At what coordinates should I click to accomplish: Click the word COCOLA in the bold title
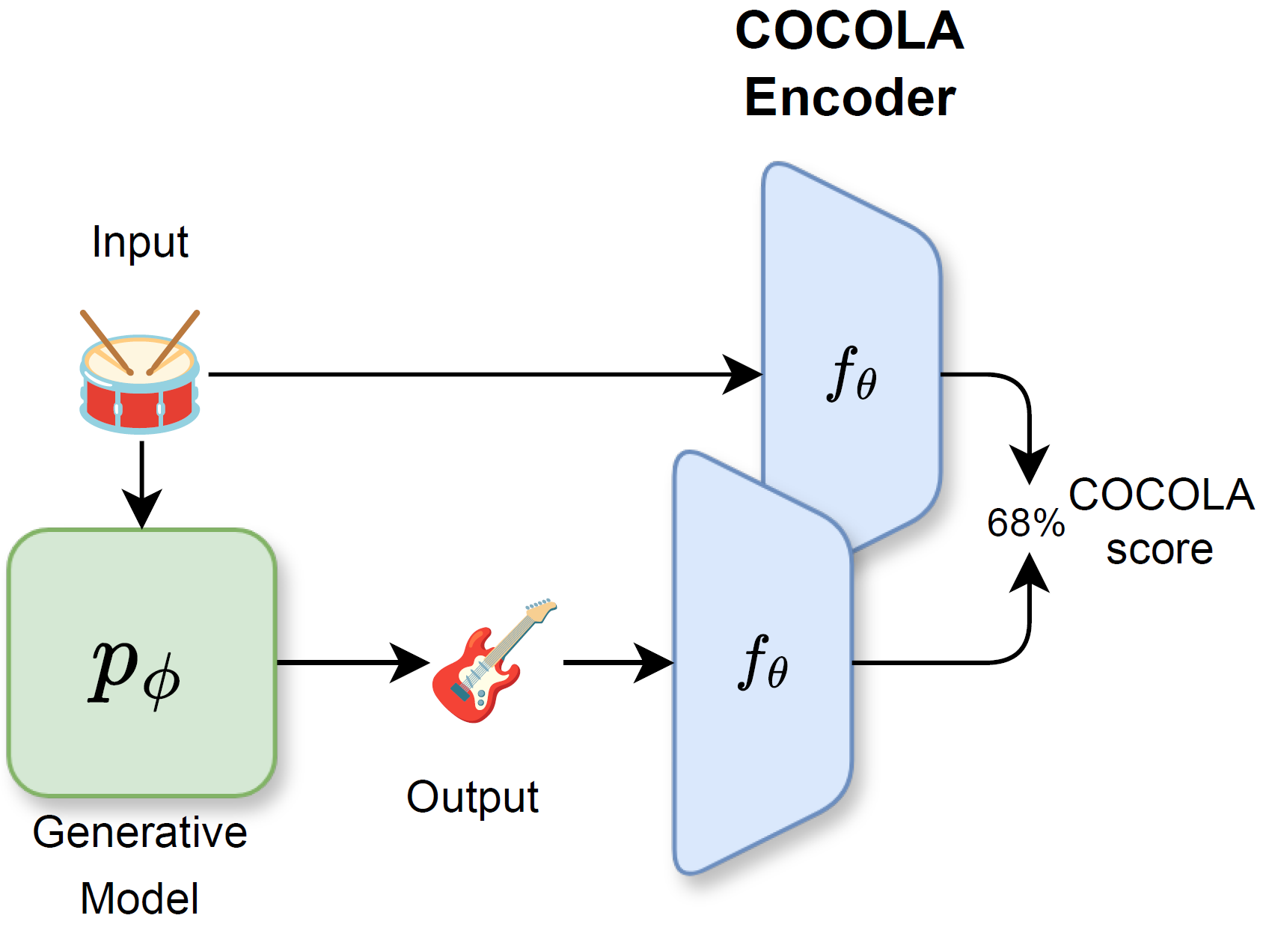[x=849, y=31]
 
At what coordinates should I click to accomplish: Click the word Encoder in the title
[x=849, y=98]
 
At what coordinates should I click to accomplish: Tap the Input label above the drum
[x=140, y=242]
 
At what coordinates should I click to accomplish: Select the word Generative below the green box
[x=140, y=833]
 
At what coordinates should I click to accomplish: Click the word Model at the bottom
[x=140, y=899]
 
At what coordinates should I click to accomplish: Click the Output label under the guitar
[x=472, y=798]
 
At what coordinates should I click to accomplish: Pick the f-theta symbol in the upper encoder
[x=851, y=374]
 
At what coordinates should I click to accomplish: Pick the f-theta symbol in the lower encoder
[x=762, y=662]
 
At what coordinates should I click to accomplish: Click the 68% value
[x=1025, y=523]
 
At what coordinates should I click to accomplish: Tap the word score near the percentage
[x=1159, y=550]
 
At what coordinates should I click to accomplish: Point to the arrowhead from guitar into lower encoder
[x=652, y=662]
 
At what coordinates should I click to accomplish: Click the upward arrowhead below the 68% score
[x=1030, y=572]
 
